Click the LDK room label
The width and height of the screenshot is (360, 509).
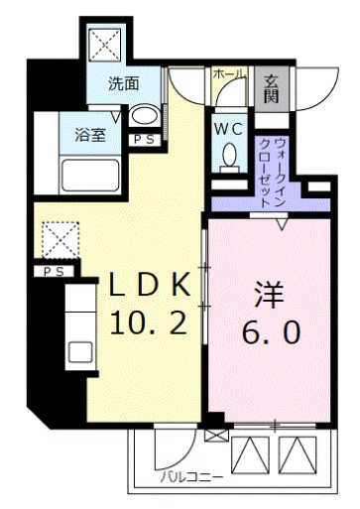tap(148, 286)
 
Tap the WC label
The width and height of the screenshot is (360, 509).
tap(227, 128)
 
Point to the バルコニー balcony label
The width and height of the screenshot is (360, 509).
tap(189, 478)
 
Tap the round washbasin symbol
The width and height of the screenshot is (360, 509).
tap(144, 116)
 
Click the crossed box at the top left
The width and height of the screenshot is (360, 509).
tap(103, 44)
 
